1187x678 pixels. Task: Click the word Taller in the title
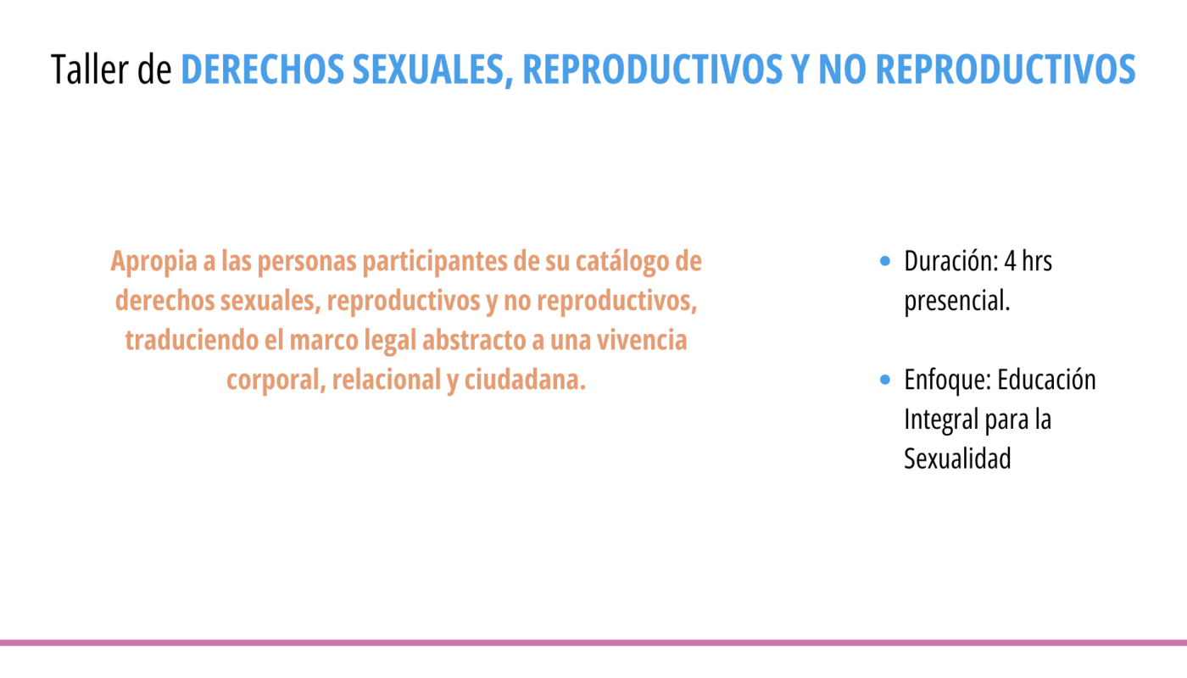[x=90, y=69]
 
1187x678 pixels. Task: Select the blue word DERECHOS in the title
[x=262, y=69]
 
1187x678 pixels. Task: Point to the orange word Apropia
[x=153, y=262]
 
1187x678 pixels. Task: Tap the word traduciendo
[x=192, y=340]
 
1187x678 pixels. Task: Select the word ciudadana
[x=525, y=380]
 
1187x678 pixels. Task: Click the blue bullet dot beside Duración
[x=884, y=261]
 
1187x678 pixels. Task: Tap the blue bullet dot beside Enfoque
[x=884, y=380]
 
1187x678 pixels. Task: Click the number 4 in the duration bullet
[x=1010, y=261]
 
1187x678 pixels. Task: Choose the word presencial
[x=957, y=302]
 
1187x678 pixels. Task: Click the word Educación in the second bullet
[x=1046, y=380]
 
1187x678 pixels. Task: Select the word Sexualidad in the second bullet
[x=957, y=458]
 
